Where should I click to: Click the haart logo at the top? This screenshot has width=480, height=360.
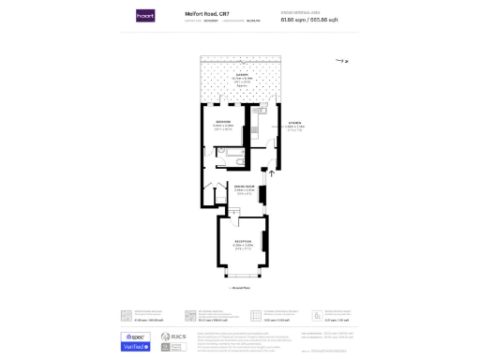tap(144, 16)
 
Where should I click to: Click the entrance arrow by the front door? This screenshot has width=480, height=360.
tap(272, 172)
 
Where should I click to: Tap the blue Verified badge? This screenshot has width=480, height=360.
tap(135, 346)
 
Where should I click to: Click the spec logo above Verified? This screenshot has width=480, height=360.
tap(135, 335)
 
